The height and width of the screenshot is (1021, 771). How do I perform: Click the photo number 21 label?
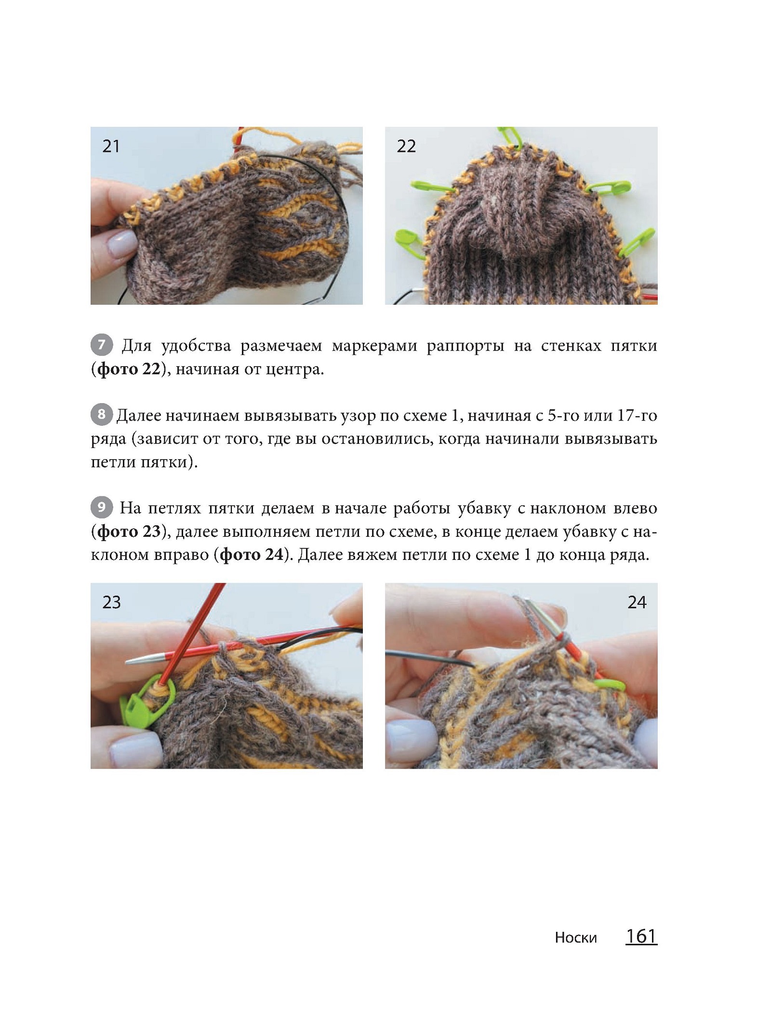tap(111, 146)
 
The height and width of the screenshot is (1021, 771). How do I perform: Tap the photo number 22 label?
tap(406, 146)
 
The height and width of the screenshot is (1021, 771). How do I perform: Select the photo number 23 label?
tap(111, 602)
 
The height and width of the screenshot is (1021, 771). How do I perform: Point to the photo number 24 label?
tap(637, 602)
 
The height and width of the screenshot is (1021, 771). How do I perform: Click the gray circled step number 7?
tap(101, 345)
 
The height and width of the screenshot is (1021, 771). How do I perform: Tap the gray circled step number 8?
tap(101, 415)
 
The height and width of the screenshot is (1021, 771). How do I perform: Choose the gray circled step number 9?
tap(101, 508)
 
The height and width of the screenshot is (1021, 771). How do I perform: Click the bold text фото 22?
tap(128, 369)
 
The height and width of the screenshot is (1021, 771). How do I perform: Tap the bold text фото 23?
tap(129, 531)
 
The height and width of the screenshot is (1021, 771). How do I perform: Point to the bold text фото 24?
tap(251, 555)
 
